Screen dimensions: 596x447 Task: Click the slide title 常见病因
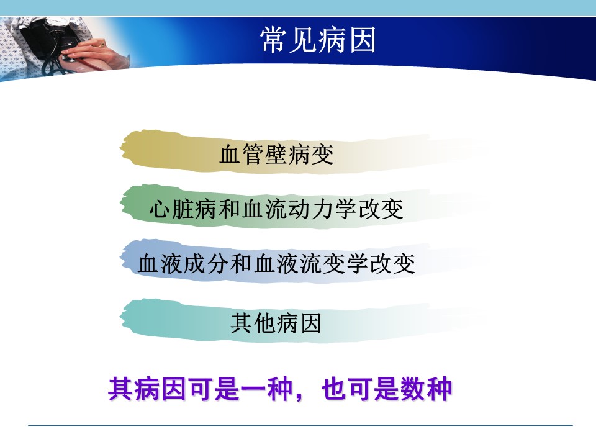pos(318,40)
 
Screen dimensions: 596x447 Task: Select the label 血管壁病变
pos(276,155)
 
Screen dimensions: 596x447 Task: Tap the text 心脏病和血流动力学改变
pos(276,209)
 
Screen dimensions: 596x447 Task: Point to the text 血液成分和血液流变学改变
pos(276,264)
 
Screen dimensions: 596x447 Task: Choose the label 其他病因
pos(276,323)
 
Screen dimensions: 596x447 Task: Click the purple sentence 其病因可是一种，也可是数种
pos(280,389)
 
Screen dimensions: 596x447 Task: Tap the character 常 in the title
pos(274,40)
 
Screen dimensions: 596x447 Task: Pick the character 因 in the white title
pos(362,40)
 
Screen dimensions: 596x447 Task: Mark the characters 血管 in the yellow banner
pos(242,155)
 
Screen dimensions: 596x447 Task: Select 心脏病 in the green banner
pos(184,209)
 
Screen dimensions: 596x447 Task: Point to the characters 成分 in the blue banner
pos(207,264)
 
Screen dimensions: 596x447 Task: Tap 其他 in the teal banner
pos(253,323)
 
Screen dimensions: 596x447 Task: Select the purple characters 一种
pos(266,389)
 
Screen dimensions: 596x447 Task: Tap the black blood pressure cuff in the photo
pos(43,38)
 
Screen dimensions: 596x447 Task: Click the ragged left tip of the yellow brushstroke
pos(122,149)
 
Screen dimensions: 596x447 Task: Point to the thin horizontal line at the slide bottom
pos(300,425)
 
